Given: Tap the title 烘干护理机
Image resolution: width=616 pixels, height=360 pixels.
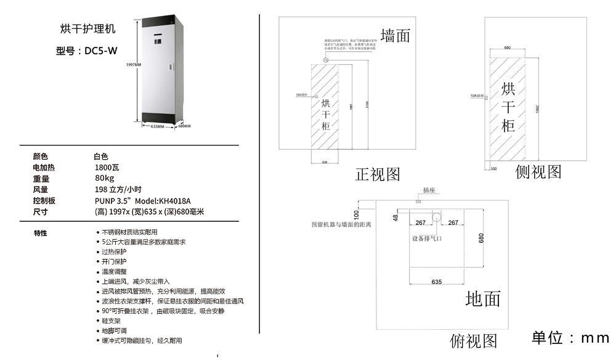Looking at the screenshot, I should pyautogui.click(x=87, y=29).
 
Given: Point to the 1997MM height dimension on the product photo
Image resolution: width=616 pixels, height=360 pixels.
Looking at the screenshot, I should pyautogui.click(x=134, y=64).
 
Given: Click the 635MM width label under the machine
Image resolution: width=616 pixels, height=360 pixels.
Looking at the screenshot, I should pyautogui.click(x=158, y=126).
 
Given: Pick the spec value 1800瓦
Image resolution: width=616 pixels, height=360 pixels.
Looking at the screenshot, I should pyautogui.click(x=107, y=167).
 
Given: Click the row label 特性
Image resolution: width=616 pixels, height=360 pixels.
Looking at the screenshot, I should pyautogui.click(x=41, y=233).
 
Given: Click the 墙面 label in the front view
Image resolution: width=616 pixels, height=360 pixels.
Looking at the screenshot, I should pyautogui.click(x=395, y=36).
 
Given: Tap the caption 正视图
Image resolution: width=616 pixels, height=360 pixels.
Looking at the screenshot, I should pyautogui.click(x=378, y=174).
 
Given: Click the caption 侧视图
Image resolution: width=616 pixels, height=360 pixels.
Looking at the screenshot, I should pyautogui.click(x=538, y=172).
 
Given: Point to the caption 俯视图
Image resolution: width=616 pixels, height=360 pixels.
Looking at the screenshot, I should pyautogui.click(x=473, y=341).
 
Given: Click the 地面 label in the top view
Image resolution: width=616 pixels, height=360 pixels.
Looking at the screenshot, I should pyautogui.click(x=483, y=300).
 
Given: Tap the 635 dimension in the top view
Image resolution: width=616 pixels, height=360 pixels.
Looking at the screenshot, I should pyautogui.click(x=436, y=282).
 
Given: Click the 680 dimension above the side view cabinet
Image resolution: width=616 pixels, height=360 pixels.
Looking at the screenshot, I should pyautogui.click(x=508, y=47).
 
